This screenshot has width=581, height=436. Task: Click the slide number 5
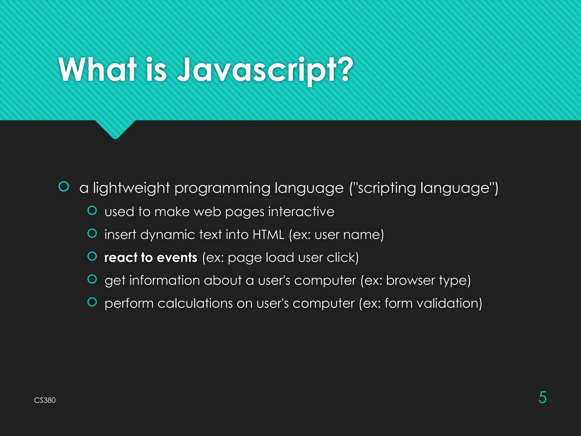[x=542, y=397]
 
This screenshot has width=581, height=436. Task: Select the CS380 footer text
[x=45, y=400]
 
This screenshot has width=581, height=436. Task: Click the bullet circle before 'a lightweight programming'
[x=64, y=186]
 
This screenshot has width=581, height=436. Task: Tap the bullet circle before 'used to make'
[x=92, y=210]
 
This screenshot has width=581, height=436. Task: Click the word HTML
[x=268, y=235]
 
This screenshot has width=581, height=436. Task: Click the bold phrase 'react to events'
[x=151, y=257]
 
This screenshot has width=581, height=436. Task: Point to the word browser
[x=410, y=280]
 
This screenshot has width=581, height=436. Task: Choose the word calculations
[x=195, y=303]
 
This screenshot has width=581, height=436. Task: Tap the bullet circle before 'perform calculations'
[x=92, y=302]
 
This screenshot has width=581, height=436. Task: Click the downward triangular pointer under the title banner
[x=115, y=129]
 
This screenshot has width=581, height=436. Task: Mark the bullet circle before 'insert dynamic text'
[x=92, y=233]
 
